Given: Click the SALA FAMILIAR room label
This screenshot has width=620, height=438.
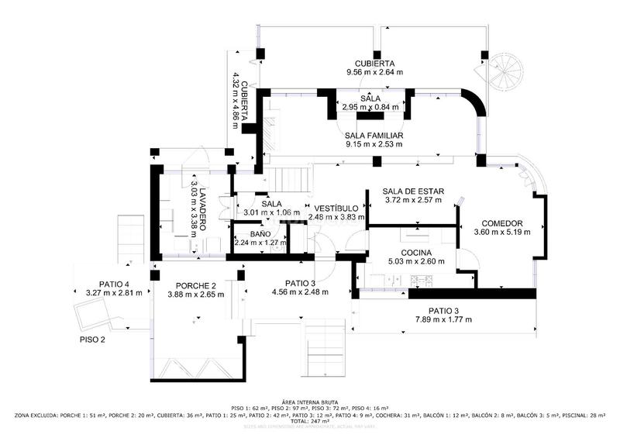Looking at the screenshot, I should click(374, 135).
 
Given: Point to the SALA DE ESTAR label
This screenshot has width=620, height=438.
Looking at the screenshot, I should click(413, 191).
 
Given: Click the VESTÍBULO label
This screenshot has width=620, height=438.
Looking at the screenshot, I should click(336, 209).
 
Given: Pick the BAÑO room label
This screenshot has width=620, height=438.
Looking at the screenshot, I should click(260, 233).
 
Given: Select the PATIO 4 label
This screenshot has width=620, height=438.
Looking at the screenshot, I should click(114, 284).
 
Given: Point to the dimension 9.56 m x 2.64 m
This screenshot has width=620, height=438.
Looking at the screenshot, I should click(375, 73).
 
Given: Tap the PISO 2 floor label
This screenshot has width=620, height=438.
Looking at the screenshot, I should click(92, 340).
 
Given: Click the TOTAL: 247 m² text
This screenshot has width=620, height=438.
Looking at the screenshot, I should click(309, 421).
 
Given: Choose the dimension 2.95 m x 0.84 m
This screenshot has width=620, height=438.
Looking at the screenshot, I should click(370, 108).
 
